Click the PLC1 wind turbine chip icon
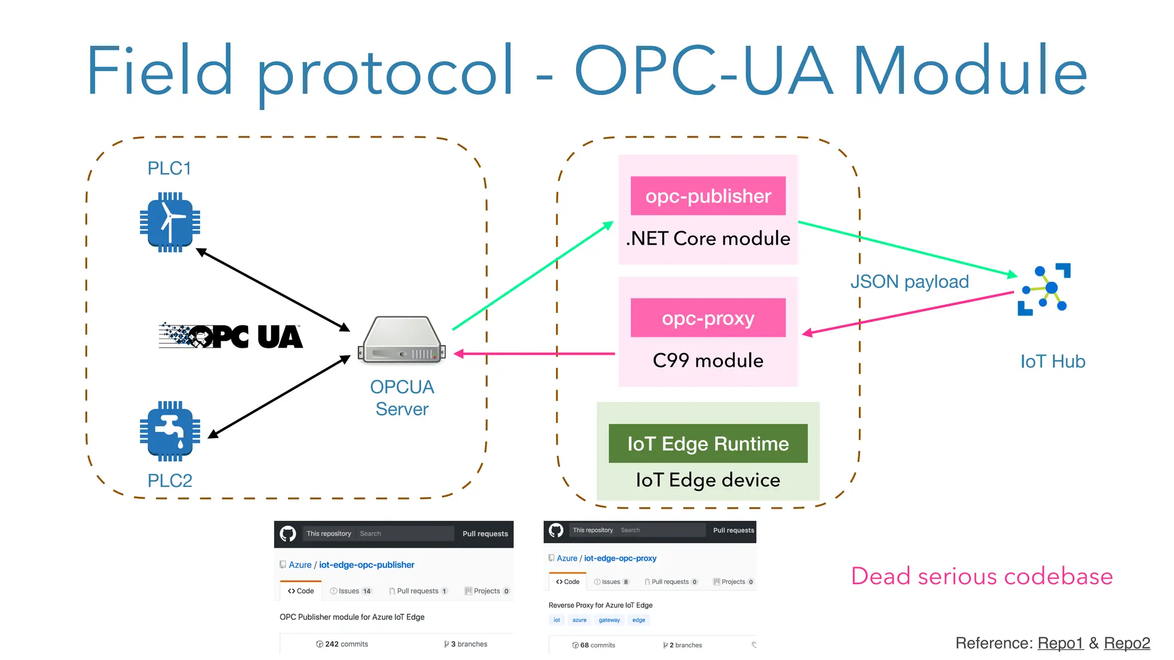pyautogui.click(x=170, y=222)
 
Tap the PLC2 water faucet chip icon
pyautogui.click(x=170, y=431)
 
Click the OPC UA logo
pyautogui.click(x=230, y=336)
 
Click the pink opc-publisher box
pyautogui.click(x=708, y=196)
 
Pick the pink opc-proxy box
pyautogui.click(x=708, y=318)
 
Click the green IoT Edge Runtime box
pyautogui.click(x=708, y=443)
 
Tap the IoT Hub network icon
pyautogui.click(x=1044, y=289)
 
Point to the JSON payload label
pyautogui.click(x=909, y=282)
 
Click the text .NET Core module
pyautogui.click(x=708, y=238)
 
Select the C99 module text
pyautogui.click(x=708, y=360)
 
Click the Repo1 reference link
pyautogui.click(x=1060, y=643)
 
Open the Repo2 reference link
pyautogui.click(x=1126, y=643)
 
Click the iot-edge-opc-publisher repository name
pyautogui.click(x=366, y=565)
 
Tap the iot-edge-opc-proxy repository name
pyautogui.click(x=620, y=558)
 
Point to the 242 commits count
pyautogui.click(x=342, y=644)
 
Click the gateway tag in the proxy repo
pyautogui.click(x=609, y=620)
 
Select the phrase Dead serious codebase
pyautogui.click(x=981, y=576)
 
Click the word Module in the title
pyautogui.click(x=970, y=71)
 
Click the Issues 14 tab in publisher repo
pyautogui.click(x=351, y=591)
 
